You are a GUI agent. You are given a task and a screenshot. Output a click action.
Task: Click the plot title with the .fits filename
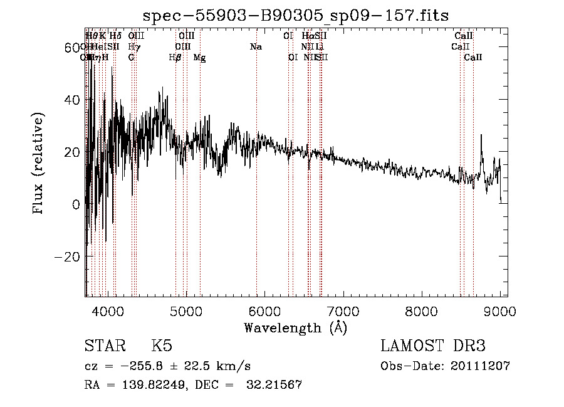pos(295,16)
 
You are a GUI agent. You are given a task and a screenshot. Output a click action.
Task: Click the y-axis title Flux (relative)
pos(39,164)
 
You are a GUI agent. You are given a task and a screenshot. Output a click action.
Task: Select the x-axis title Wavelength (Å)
pos(295,327)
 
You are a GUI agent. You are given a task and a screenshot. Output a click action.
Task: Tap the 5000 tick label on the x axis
pos(186,310)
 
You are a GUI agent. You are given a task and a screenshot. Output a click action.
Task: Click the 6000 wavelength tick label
pos(264,310)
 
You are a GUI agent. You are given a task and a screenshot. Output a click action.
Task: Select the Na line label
pos(256,47)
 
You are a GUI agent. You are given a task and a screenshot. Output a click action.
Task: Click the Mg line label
pos(199,58)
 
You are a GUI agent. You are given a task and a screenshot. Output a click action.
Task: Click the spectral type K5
pos(162,346)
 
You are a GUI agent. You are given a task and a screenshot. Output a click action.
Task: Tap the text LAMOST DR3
pos(433,346)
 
